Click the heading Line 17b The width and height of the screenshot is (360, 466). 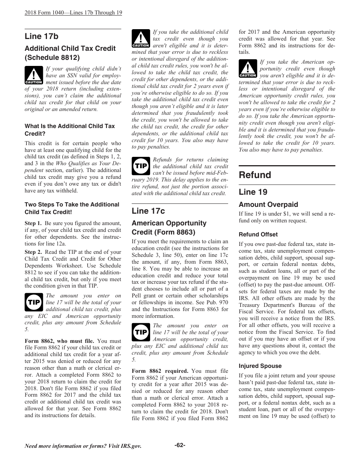42,36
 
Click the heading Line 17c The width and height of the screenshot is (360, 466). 148,211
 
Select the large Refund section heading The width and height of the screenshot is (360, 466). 255,175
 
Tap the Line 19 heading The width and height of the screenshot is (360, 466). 253,192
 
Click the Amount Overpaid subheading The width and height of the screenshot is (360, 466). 268,205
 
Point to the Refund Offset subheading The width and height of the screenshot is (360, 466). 258,235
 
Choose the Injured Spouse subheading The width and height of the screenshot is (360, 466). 260,366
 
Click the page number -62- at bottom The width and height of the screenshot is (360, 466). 180,445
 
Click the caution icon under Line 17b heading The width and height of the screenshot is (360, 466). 33,75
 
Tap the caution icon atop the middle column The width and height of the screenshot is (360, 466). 141,39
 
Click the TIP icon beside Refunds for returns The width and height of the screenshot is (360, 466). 141,166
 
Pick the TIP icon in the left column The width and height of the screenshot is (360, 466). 33,302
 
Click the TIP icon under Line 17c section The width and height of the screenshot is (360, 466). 141,332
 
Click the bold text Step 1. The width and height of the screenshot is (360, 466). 33,223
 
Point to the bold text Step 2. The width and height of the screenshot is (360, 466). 33,252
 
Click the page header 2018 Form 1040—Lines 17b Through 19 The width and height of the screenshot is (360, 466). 73,13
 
